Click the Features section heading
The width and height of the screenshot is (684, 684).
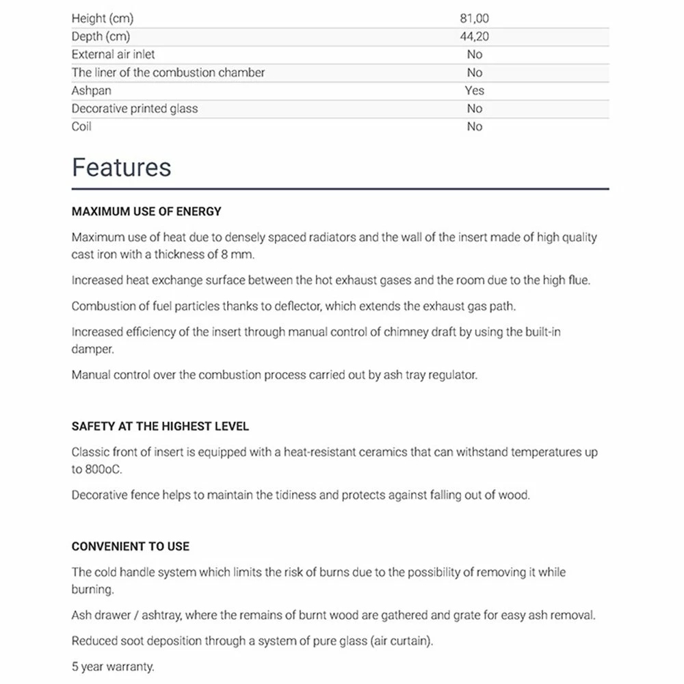121,168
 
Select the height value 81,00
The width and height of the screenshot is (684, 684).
475,18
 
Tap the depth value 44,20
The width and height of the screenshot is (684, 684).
475,36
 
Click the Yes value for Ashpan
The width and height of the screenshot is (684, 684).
475,90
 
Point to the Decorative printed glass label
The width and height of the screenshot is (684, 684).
135,108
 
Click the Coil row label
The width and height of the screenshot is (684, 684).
81,127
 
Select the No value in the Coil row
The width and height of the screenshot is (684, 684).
475,127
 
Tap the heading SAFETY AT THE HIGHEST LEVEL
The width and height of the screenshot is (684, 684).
160,426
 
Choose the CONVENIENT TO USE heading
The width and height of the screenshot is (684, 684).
131,547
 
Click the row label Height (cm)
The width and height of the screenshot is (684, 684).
103,18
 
